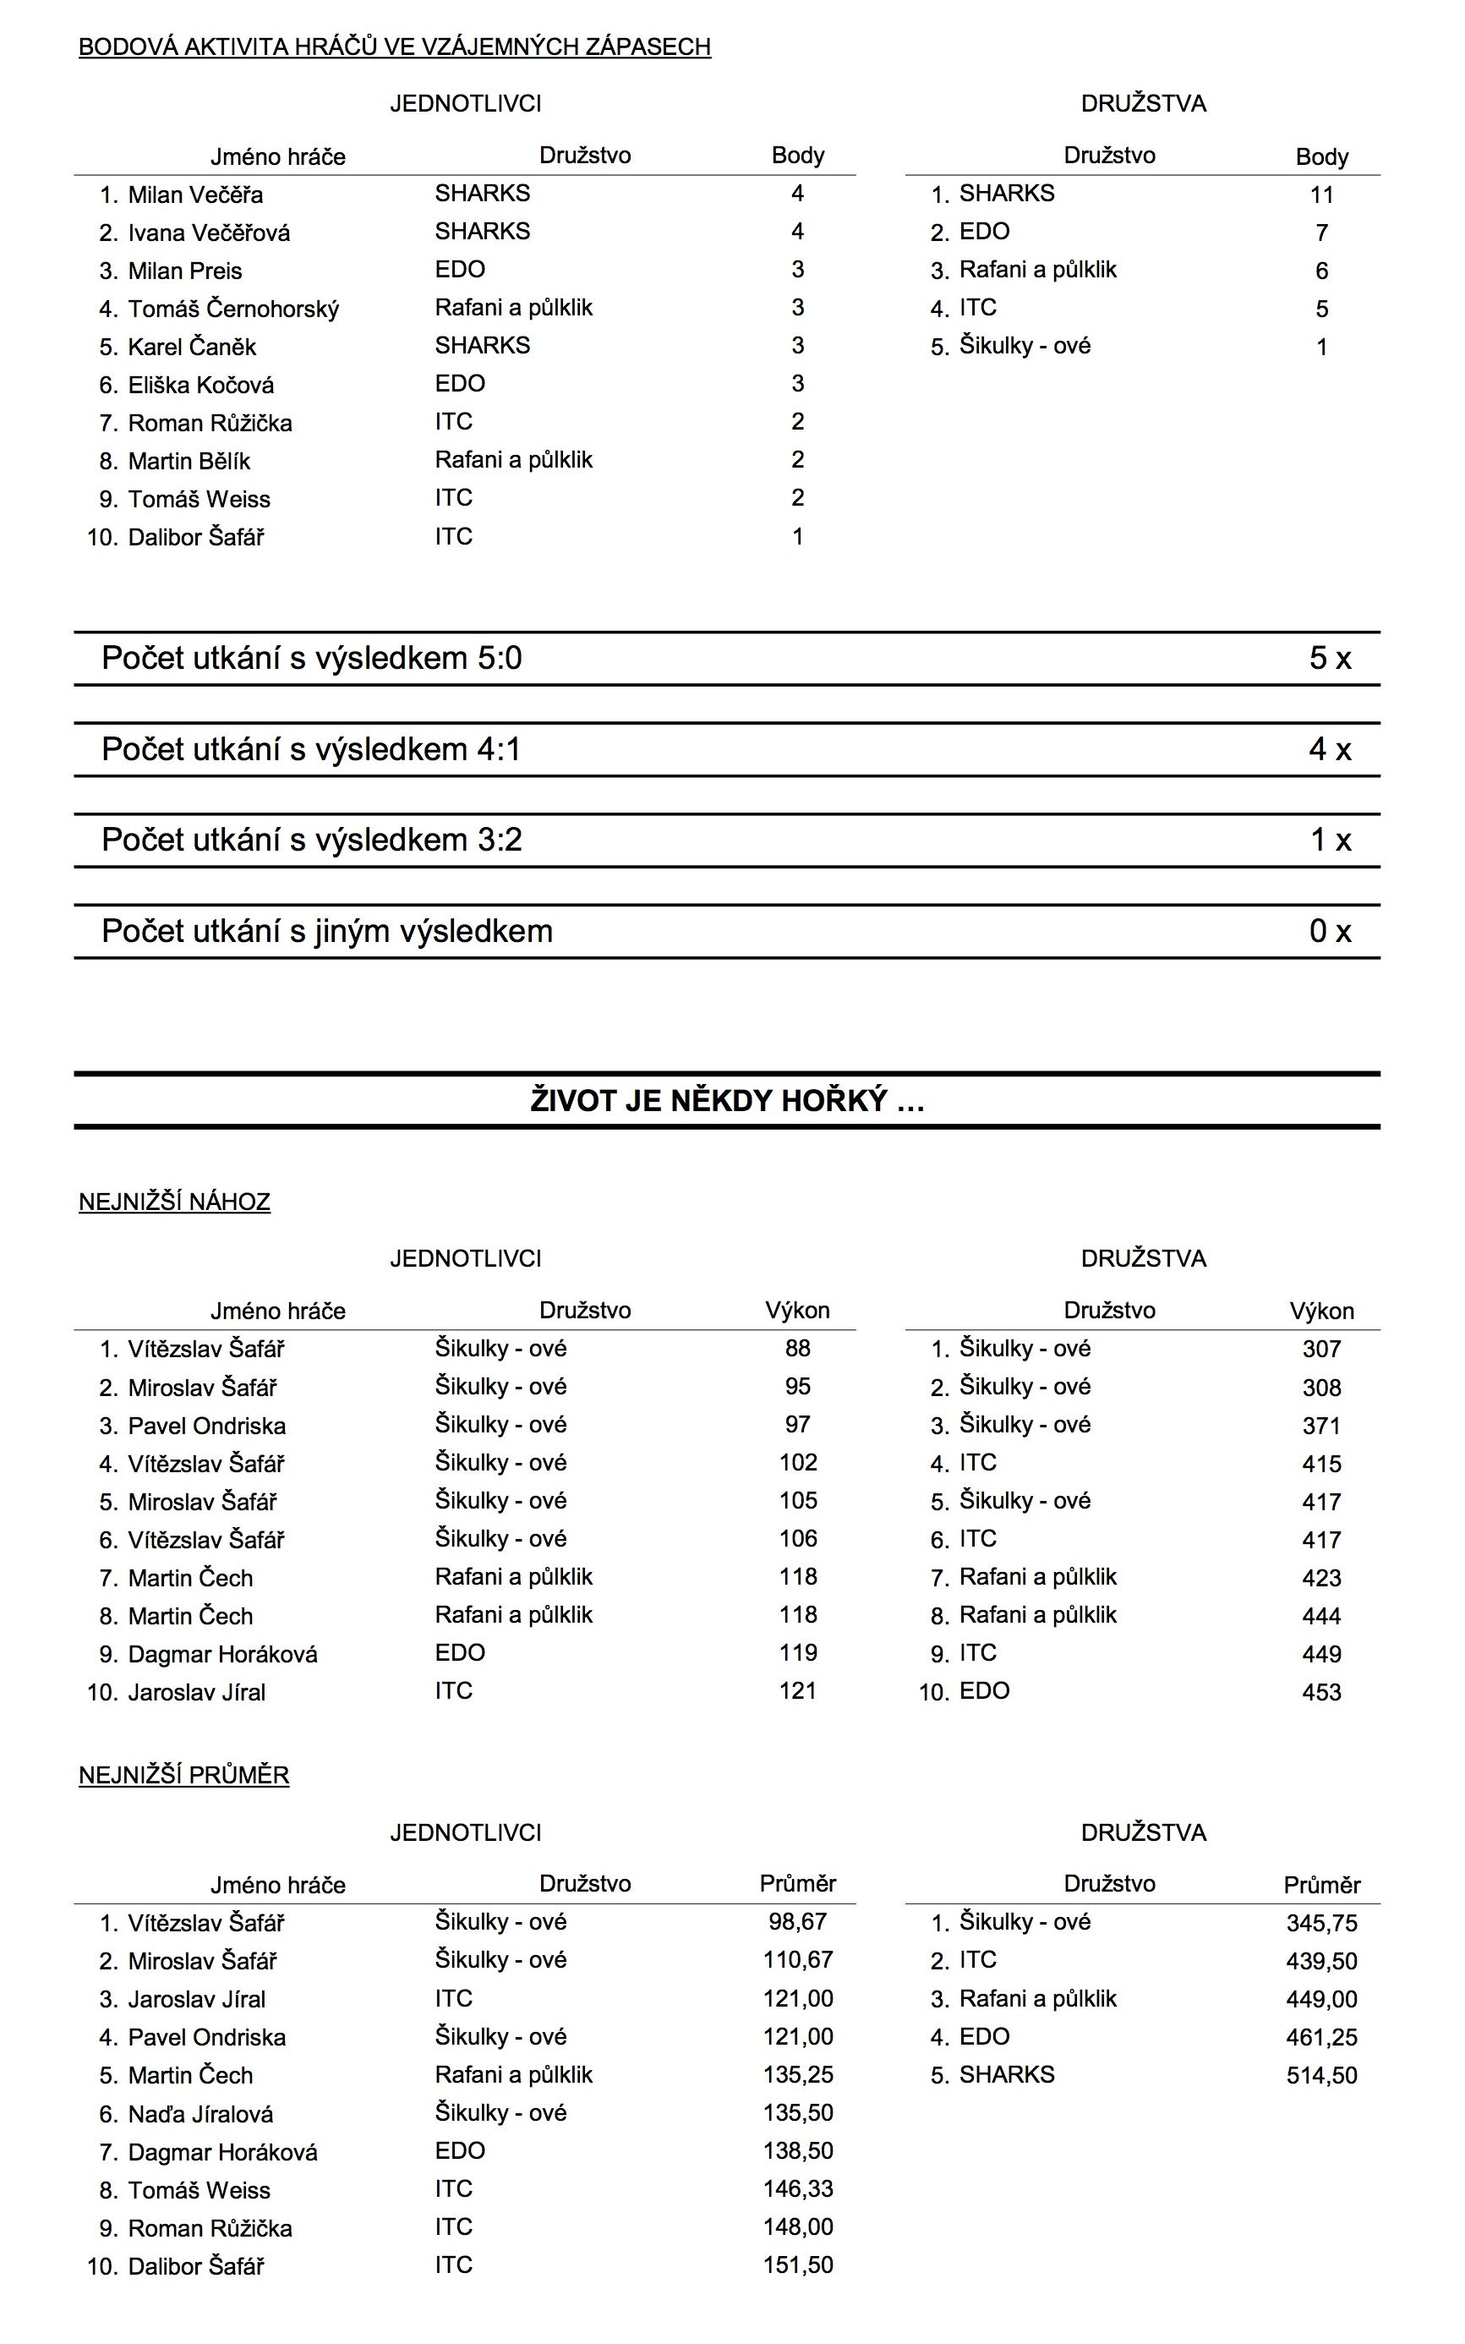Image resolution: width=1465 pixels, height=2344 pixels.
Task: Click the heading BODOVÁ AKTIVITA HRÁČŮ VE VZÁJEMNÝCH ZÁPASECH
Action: [x=394, y=47]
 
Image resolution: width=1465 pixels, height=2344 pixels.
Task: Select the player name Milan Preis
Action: [x=184, y=271]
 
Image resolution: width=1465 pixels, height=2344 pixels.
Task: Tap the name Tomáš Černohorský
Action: [x=232, y=309]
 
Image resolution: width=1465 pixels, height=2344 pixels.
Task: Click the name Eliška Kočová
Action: [x=200, y=386]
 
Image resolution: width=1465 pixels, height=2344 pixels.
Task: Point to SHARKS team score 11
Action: [x=1321, y=194]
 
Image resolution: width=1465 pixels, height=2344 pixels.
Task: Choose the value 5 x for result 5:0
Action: [x=1330, y=658]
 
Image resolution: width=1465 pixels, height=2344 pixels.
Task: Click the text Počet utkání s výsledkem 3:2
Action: [x=311, y=839]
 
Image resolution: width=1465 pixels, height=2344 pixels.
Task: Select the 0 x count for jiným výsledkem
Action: [x=1330, y=930]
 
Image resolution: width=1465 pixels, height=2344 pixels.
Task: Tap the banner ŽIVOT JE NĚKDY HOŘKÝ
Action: [x=727, y=1101]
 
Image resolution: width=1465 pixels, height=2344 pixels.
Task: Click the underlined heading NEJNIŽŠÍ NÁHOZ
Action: [x=174, y=1202]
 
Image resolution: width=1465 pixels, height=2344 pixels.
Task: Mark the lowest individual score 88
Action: [x=797, y=1348]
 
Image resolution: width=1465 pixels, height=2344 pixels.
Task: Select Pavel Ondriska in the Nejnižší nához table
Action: [x=206, y=1426]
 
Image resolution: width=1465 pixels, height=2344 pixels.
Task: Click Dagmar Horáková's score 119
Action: [x=797, y=1652]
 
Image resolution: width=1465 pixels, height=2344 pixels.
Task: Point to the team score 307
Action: [x=1321, y=1349]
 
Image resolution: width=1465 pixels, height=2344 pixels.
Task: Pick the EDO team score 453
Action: [x=1321, y=1692]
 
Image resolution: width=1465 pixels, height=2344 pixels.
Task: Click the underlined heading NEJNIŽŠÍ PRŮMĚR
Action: [x=184, y=1774]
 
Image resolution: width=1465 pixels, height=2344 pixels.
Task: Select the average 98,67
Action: [x=797, y=1921]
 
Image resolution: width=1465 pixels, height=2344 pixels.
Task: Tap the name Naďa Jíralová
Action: [x=200, y=2113]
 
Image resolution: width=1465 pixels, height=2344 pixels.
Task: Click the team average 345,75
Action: [x=1321, y=1923]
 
